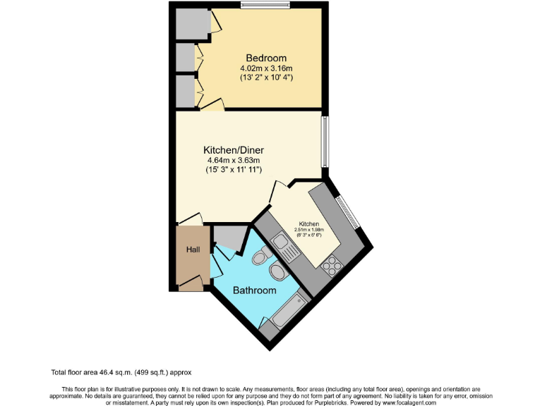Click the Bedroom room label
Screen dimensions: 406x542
(x=266, y=58)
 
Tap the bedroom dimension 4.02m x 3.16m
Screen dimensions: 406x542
(x=266, y=68)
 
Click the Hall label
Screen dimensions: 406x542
(x=193, y=250)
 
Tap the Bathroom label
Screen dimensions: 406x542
(x=255, y=290)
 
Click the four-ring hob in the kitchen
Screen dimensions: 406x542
(x=330, y=266)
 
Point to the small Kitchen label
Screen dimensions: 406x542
(x=308, y=224)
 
